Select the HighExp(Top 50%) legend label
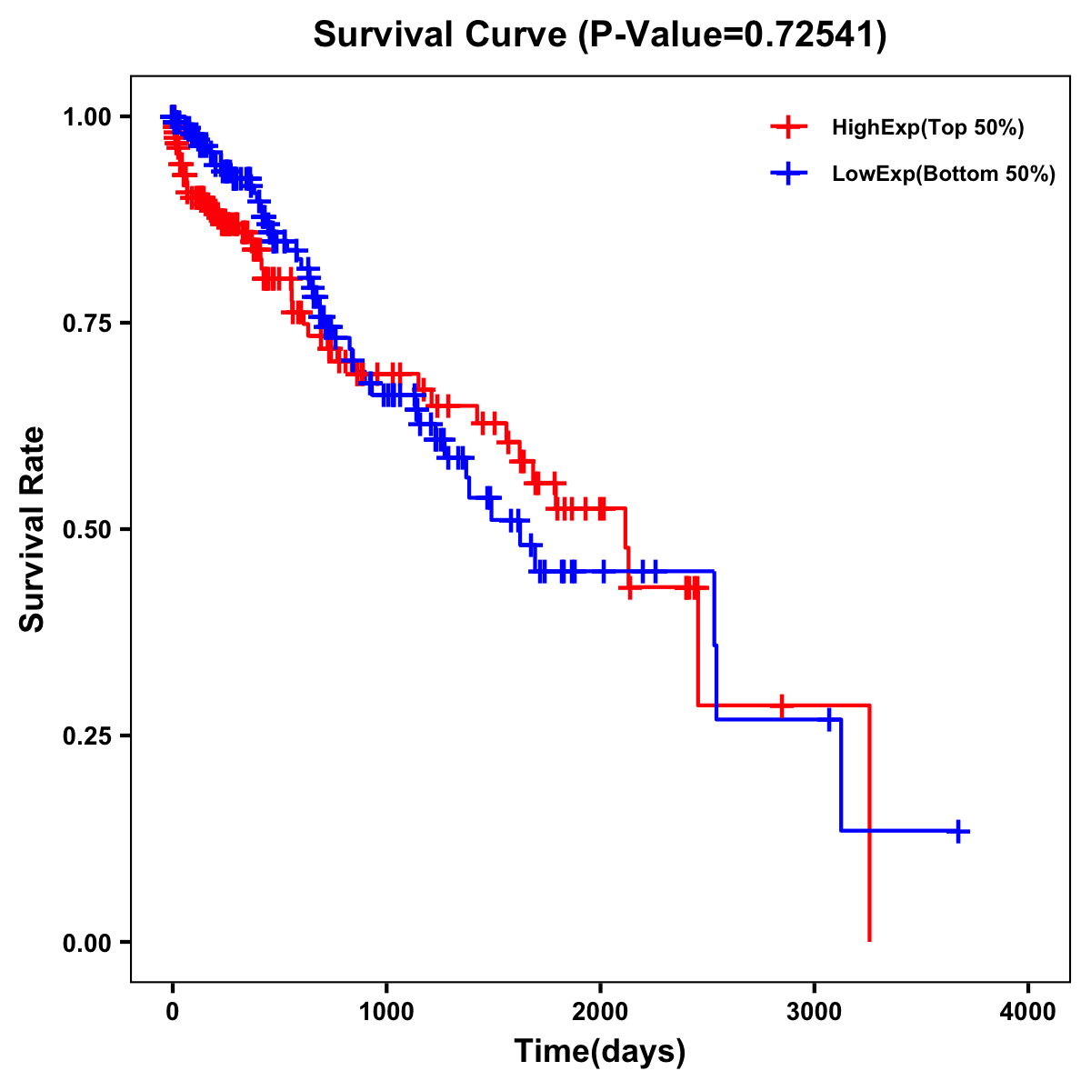pos(928,128)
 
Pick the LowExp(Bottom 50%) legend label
pos(944,175)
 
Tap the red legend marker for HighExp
pos(788,127)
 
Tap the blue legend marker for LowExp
pos(788,174)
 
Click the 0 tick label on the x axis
pos(173,1012)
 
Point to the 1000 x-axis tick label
pos(386,1012)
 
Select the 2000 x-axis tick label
pos(600,1012)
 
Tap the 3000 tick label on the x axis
pos(815,1012)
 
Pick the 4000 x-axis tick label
pos(1028,1012)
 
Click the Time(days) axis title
pos(600,1052)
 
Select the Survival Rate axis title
pos(33,529)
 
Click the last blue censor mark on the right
pos(958,831)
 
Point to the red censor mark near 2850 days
pos(781,706)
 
